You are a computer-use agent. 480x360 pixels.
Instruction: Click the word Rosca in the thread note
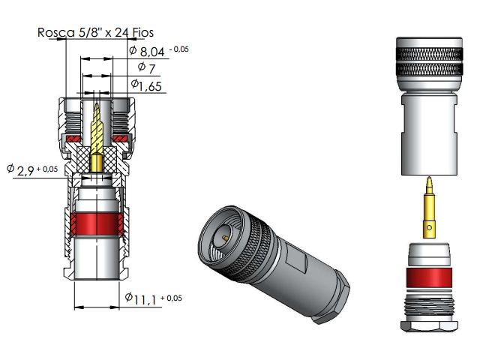point(54,32)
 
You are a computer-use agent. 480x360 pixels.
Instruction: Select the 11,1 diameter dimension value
point(145,300)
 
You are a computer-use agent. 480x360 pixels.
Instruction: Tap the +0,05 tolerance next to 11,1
point(171,298)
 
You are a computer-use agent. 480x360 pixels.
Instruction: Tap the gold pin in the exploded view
point(428,206)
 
